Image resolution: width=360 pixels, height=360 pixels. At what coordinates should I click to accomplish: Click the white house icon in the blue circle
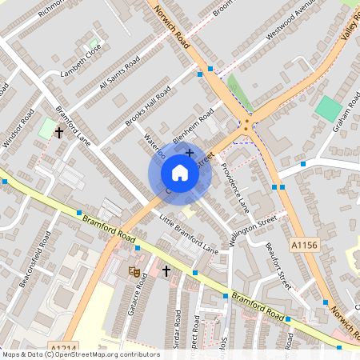(180, 173)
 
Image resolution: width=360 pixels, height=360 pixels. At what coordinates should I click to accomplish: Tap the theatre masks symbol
(134, 272)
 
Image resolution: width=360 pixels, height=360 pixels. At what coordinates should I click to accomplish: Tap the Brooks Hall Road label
(148, 105)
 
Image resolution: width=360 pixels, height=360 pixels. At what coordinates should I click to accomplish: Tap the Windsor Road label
(19, 129)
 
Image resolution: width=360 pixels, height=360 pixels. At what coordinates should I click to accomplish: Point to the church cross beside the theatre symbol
(166, 272)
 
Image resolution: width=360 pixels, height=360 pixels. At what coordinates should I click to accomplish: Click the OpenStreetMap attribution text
(80, 354)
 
